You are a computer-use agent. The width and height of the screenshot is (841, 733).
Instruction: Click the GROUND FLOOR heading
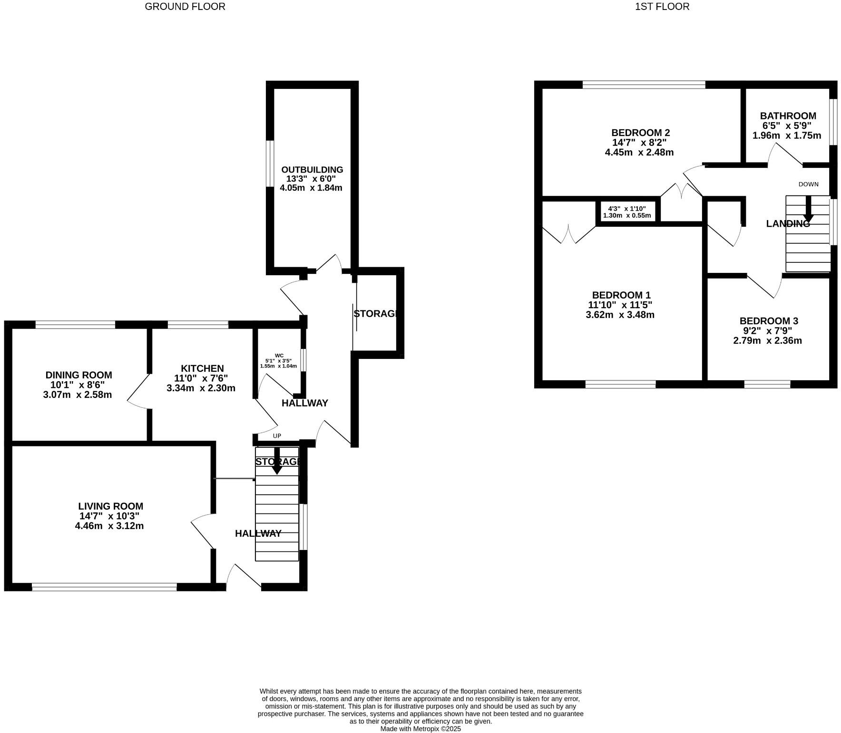click(x=185, y=7)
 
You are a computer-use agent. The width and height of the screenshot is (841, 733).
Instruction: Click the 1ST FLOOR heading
click(x=662, y=7)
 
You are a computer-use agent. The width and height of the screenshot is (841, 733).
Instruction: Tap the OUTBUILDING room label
click(x=312, y=170)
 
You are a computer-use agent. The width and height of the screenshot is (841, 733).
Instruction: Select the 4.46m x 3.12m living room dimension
click(x=109, y=526)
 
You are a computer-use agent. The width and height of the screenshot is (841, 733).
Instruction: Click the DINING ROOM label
click(x=78, y=375)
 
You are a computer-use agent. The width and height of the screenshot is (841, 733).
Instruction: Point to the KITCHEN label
click(x=202, y=368)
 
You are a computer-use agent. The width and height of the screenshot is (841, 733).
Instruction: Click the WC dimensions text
click(x=278, y=364)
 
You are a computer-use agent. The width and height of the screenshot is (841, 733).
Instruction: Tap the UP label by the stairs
click(x=277, y=436)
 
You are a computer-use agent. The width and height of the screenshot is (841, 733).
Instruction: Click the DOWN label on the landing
click(x=808, y=184)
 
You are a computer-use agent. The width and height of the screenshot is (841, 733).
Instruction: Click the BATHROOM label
click(x=788, y=116)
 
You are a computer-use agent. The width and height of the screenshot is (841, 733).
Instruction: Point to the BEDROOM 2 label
click(x=640, y=133)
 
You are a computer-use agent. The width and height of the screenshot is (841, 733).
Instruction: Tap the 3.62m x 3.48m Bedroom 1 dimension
click(x=620, y=315)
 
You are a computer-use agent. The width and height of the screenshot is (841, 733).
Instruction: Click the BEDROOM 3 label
click(x=768, y=321)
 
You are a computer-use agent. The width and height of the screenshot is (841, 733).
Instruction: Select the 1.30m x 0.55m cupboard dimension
click(x=626, y=215)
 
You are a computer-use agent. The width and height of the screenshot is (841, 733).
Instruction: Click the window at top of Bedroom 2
click(x=644, y=85)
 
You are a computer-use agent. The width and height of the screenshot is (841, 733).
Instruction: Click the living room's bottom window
click(x=104, y=587)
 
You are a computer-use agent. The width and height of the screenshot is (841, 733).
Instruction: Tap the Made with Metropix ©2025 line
click(x=420, y=729)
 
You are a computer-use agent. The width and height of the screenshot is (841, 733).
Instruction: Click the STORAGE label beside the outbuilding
click(x=375, y=314)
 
